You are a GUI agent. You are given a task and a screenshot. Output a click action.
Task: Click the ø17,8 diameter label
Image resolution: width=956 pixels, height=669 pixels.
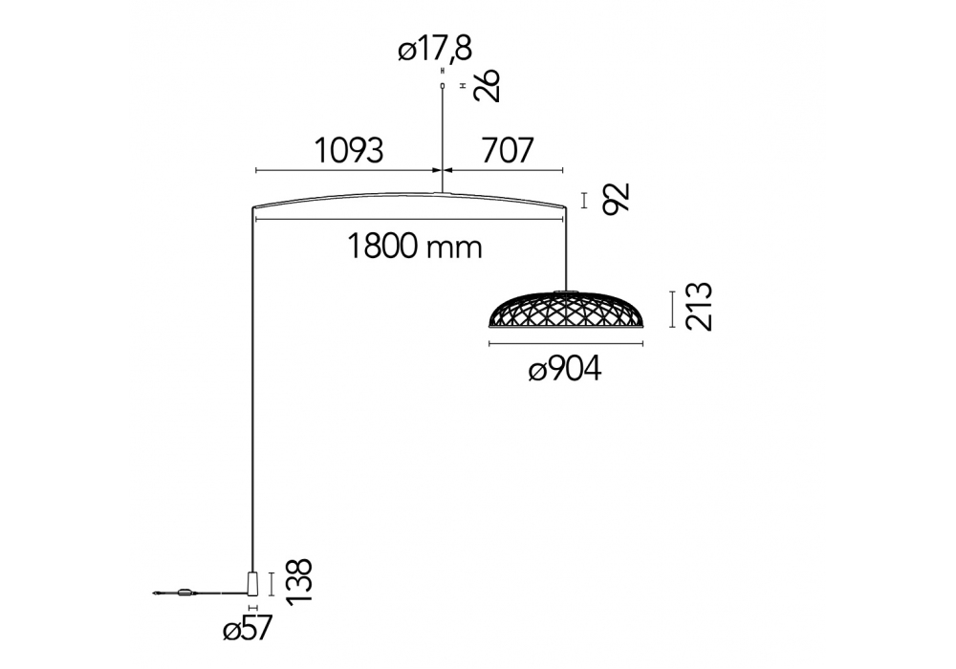coord(435,48)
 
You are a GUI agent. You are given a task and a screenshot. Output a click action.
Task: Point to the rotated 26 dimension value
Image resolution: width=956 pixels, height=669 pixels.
coord(489,85)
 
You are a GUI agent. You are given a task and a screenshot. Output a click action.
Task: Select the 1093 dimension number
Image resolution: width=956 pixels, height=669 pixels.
coord(349,150)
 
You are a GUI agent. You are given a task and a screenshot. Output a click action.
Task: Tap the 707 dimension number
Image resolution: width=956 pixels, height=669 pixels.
coord(508,150)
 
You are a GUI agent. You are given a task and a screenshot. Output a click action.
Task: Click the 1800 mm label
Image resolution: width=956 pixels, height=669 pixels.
coord(415,247)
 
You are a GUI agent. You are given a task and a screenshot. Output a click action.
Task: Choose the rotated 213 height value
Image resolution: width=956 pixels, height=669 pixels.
coord(699,307)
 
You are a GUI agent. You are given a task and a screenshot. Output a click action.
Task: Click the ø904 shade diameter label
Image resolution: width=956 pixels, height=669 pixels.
coord(565,369)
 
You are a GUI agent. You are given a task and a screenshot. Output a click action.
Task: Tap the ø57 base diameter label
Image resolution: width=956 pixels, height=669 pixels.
coord(247,628)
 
